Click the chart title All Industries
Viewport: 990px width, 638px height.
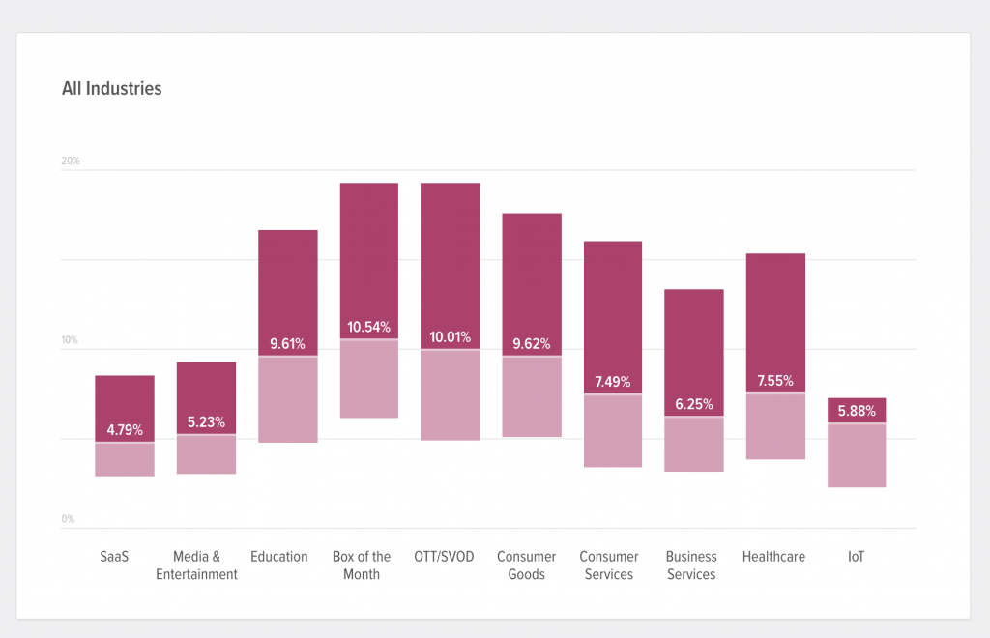(111, 89)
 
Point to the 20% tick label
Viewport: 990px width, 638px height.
(71, 160)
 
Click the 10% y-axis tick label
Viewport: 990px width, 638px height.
(71, 340)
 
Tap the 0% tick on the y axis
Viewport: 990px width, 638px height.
(68, 519)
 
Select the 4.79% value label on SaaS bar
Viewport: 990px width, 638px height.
(125, 429)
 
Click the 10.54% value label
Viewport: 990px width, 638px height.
(369, 327)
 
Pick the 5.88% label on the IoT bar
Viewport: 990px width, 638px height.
(857, 411)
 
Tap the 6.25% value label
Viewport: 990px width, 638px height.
(693, 404)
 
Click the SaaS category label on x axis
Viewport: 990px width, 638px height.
(114, 557)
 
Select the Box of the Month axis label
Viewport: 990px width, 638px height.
(362, 565)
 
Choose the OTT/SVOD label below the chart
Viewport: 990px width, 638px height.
(443, 557)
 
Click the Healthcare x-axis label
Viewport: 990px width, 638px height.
(773, 557)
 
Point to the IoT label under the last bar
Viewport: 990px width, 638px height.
(856, 557)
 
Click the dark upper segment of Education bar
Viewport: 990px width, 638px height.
(288, 280)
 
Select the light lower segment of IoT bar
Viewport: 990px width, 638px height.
(857, 455)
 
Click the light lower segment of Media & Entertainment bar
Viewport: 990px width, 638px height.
(206, 454)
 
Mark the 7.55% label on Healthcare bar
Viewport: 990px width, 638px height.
(775, 381)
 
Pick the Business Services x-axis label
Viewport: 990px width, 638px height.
(691, 565)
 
